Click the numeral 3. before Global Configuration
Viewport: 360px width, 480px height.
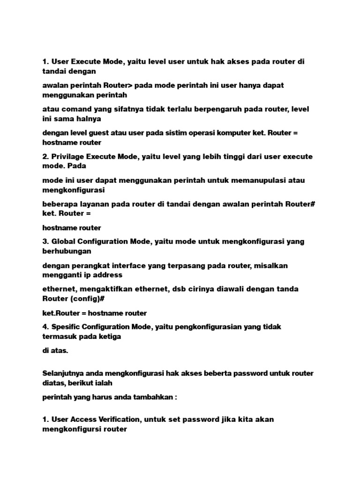[x=45, y=241]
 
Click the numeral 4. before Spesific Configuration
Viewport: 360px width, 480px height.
[x=45, y=327]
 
